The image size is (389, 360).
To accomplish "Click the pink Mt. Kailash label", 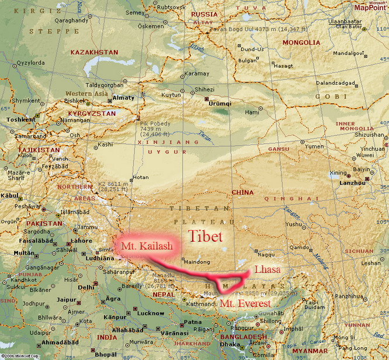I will pyautogui.click(x=147, y=247).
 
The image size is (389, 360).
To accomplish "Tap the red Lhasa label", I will pyautogui.click(x=267, y=270).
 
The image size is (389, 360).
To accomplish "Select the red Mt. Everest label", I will pyautogui.click(x=245, y=304).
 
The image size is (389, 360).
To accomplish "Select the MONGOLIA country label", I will pyautogui.click(x=301, y=43).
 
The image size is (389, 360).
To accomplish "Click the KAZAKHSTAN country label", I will pyautogui.click(x=94, y=52).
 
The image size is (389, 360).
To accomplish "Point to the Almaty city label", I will pyautogui.click(x=124, y=98).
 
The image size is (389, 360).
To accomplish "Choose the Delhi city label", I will pyautogui.click(x=86, y=287).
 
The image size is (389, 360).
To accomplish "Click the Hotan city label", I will pyautogui.click(x=141, y=176).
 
